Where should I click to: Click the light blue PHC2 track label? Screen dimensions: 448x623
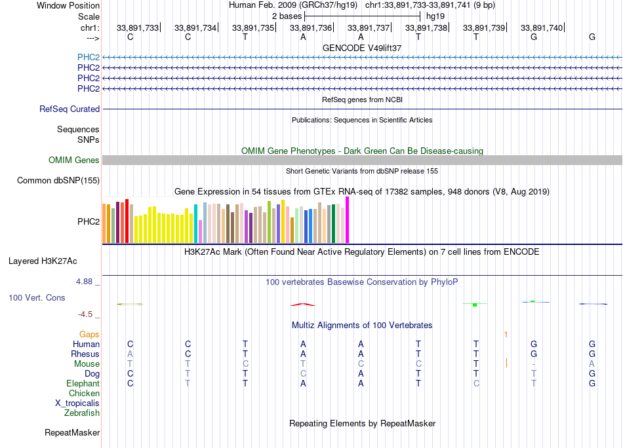(x=89, y=57)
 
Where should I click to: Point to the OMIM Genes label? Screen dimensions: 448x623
(x=74, y=160)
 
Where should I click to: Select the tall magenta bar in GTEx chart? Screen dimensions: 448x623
(x=348, y=220)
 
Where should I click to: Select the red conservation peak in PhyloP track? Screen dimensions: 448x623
(x=303, y=304)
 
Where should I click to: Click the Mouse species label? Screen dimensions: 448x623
(x=87, y=364)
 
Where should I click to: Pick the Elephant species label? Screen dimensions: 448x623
(x=83, y=384)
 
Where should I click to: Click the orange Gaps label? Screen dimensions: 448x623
(x=89, y=335)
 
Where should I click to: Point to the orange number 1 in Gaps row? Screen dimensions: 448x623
(x=506, y=335)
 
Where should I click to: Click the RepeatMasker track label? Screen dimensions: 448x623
(x=72, y=433)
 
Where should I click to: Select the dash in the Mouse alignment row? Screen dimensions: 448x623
(x=534, y=364)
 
